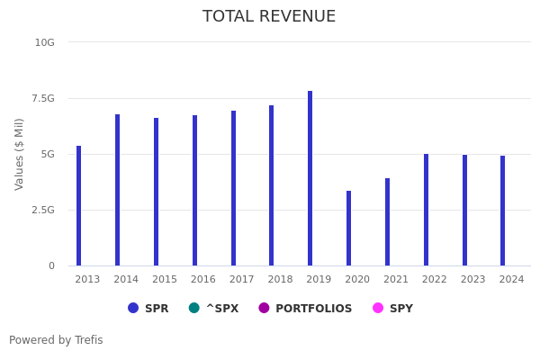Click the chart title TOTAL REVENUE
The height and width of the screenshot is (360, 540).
(x=269, y=17)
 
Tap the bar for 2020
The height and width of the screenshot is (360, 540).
(x=349, y=229)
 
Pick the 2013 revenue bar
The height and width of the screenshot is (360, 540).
(x=79, y=206)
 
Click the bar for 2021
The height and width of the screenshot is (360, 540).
(x=388, y=222)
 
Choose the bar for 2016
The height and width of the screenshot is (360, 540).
(x=194, y=191)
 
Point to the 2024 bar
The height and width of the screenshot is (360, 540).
(x=503, y=211)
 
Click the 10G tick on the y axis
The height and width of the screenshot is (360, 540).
(x=45, y=42)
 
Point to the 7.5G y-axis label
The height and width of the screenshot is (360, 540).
(x=42, y=98)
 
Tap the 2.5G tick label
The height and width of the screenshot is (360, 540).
(x=42, y=210)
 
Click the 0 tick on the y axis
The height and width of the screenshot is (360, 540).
(x=51, y=265)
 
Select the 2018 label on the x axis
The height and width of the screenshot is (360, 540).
(x=280, y=280)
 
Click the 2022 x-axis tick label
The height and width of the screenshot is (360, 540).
(x=435, y=280)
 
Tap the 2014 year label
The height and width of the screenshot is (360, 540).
(x=126, y=280)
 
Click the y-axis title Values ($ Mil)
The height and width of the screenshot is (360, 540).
(x=20, y=154)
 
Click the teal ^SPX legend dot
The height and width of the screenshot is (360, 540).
(x=194, y=308)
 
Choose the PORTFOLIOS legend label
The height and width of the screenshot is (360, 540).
(x=313, y=309)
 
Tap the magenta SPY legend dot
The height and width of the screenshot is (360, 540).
(x=378, y=308)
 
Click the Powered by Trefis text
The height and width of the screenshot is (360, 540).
(x=56, y=340)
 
